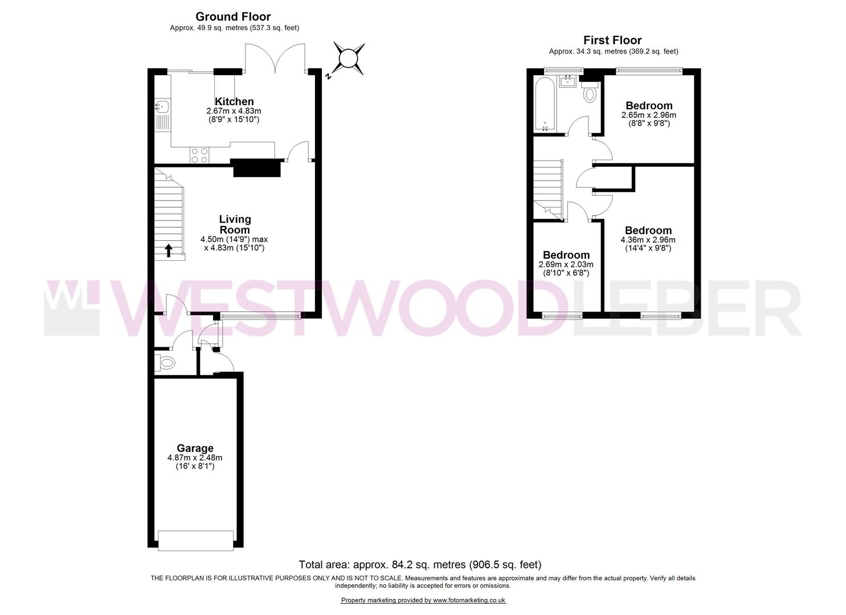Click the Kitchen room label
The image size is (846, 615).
234,101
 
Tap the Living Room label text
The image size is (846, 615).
235,224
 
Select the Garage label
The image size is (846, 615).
195,448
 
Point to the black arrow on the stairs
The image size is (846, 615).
169,250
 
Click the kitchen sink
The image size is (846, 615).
162,106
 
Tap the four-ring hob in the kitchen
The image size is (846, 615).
200,155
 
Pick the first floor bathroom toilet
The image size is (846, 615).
590,92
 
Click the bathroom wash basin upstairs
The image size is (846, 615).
567,81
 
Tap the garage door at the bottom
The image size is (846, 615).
195,540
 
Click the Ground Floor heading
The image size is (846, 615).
233,17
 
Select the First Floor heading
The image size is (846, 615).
612,40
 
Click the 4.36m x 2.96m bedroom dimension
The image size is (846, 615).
648,240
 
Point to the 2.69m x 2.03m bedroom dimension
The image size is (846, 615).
566,264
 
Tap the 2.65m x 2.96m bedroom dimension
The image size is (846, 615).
649,114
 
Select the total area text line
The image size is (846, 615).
420,565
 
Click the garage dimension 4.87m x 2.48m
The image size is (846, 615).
195,457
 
